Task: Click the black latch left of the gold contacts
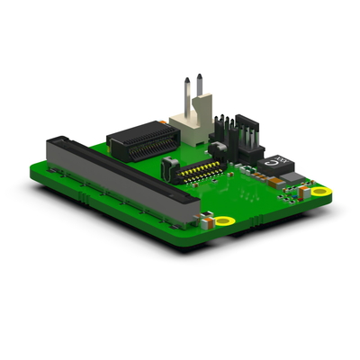pyautogui.click(x=167, y=167)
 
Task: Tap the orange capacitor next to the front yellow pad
pyautogui.click(x=208, y=216)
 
